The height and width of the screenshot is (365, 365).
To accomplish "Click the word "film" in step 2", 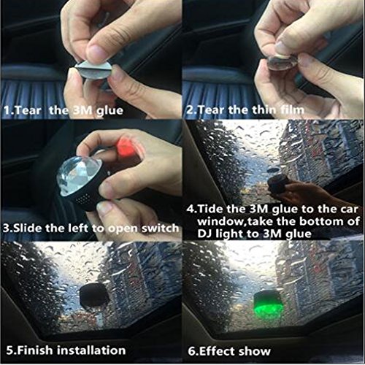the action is [292, 110].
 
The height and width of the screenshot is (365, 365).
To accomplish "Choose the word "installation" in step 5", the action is [91, 350].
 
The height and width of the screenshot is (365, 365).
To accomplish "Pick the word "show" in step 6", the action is [254, 351].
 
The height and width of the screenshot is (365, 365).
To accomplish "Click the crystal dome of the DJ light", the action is [78, 174].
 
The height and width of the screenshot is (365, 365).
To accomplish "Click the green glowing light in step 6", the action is [268, 303].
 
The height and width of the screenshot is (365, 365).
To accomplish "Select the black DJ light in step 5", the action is [94, 295].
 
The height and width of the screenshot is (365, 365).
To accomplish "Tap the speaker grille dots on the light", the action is [83, 199].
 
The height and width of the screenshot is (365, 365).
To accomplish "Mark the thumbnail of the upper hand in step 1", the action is [98, 52].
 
